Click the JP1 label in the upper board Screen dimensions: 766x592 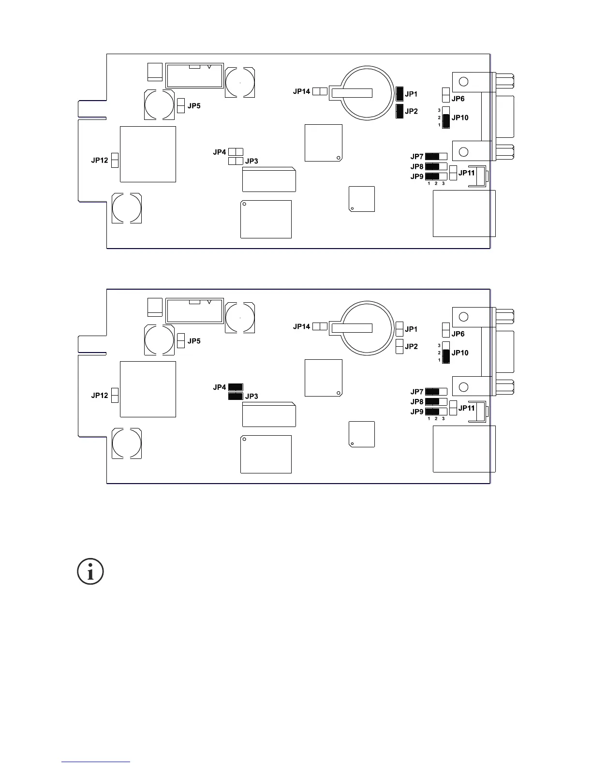[411, 94]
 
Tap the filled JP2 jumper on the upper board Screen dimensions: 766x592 [400, 111]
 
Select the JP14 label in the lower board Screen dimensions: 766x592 [301, 326]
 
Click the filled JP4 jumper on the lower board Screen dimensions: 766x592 [236, 387]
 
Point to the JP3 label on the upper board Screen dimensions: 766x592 [252, 161]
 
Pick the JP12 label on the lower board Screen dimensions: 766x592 [100, 395]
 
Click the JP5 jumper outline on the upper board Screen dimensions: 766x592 [181, 106]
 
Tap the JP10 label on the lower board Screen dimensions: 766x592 [460, 353]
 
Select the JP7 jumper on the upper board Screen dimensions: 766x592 [436, 157]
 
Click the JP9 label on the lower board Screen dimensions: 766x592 [417, 412]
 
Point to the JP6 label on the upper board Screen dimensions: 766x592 [458, 99]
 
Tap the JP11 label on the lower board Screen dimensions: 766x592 [467, 408]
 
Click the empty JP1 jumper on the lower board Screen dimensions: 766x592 [400, 329]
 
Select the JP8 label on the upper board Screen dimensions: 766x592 [417, 167]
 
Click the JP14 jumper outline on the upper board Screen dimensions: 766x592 [320, 91]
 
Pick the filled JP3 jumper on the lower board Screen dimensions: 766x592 [236, 396]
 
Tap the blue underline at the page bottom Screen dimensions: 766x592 [96, 762]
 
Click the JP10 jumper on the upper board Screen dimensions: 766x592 [446, 118]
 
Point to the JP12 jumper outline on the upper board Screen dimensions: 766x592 [115, 160]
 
